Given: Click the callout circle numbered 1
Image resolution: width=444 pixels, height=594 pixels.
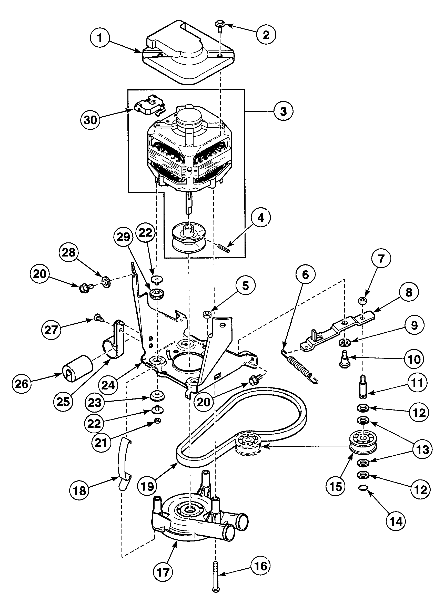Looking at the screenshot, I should [x=100, y=38].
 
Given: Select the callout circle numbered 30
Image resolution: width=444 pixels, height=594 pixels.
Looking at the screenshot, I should [x=90, y=120].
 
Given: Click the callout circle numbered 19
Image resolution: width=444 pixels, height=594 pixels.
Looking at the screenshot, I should [x=147, y=486].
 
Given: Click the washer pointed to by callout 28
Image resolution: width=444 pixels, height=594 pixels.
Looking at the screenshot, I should [x=106, y=282].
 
